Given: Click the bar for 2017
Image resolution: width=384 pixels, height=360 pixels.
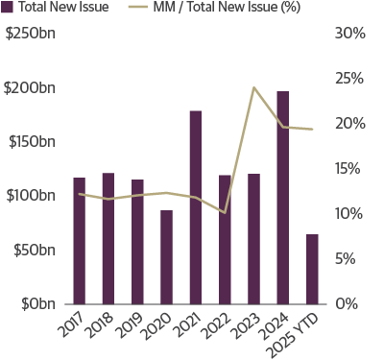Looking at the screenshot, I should [79, 240].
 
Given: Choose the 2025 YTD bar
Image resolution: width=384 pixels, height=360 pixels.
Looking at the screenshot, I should [312, 269].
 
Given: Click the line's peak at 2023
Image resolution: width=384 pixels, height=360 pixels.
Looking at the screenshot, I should [253, 87].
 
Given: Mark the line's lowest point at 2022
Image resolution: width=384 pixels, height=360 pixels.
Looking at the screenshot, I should [224, 213].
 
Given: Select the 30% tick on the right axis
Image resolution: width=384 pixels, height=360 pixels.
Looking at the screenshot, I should [350, 34].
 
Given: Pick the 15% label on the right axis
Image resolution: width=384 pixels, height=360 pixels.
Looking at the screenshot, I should [350, 169].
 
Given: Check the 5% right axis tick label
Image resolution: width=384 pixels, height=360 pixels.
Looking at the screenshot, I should [354, 258].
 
